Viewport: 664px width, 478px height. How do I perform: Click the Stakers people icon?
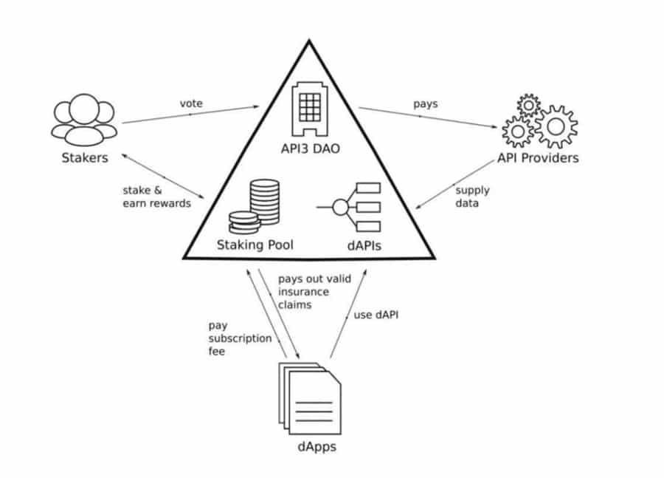pyautogui.click(x=83, y=121)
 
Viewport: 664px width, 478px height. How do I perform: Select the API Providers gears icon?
pyautogui.click(x=539, y=123)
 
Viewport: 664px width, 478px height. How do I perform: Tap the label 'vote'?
pyautogui.click(x=191, y=103)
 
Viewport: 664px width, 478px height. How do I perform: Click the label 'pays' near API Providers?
pyautogui.click(x=425, y=103)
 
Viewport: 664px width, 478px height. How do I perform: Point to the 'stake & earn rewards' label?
pyautogui.click(x=156, y=197)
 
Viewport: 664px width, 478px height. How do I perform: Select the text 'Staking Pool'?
pyautogui.click(x=255, y=245)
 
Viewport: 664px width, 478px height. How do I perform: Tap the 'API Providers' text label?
pyautogui.click(x=538, y=158)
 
